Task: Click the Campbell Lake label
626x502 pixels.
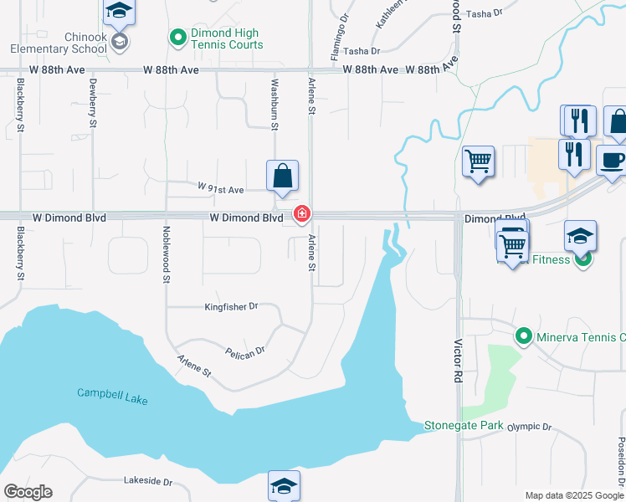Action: (112, 397)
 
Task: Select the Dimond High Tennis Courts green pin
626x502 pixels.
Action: (177, 38)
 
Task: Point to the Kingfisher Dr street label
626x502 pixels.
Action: (232, 307)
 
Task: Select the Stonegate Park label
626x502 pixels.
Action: (464, 425)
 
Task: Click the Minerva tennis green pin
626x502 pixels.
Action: (524, 337)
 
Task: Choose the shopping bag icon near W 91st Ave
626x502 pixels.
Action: (283, 176)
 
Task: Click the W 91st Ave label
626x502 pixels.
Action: (220, 189)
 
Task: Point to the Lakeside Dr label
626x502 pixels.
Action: (147, 482)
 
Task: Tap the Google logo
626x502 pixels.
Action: (28, 492)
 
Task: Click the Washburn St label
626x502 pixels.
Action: (274, 105)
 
